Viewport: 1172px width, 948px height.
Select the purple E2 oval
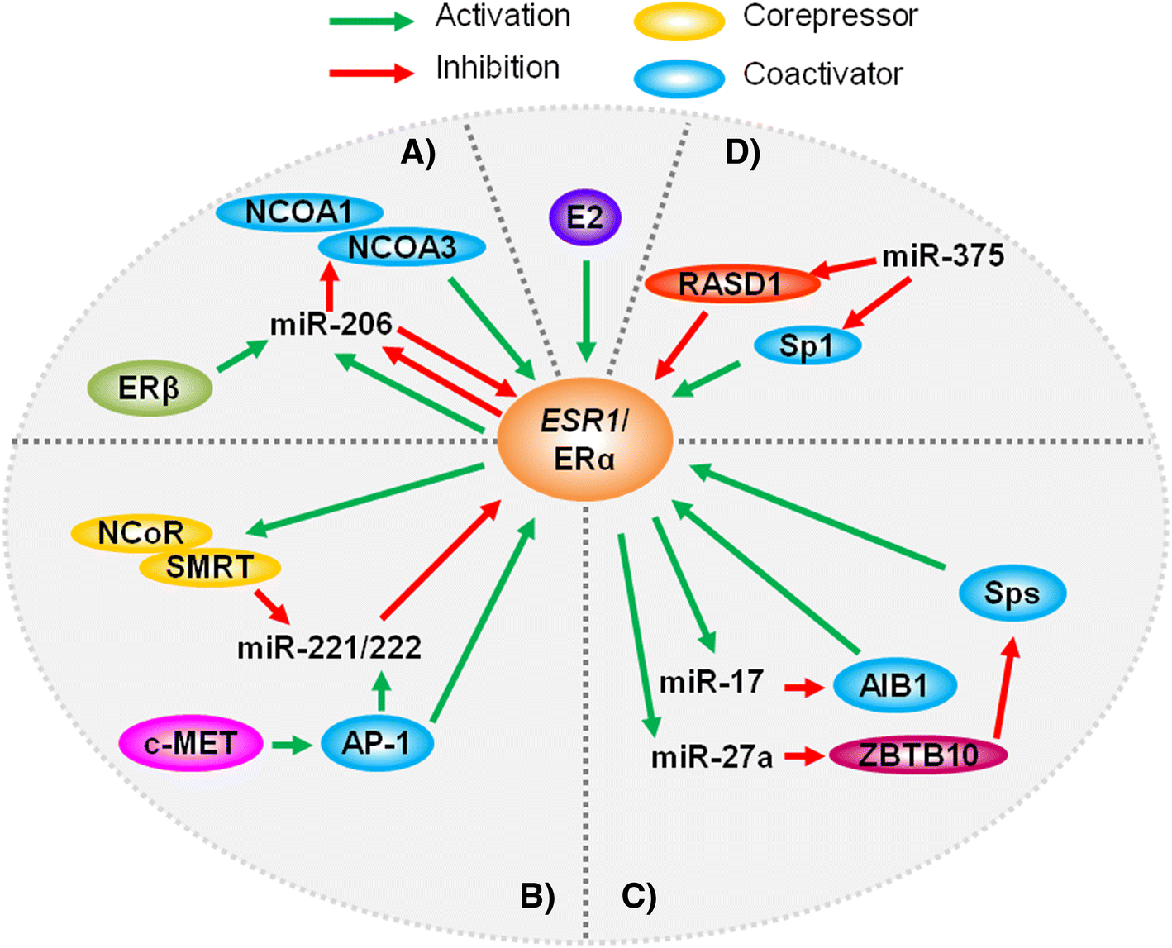(585, 218)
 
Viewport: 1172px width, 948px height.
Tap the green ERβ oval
(150, 388)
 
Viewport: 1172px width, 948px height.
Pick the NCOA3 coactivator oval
(403, 246)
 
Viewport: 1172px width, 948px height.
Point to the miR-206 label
(331, 324)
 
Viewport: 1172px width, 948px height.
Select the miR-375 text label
(943, 256)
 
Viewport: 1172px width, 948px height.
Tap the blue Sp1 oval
(807, 345)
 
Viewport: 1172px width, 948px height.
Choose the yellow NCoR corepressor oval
(141, 534)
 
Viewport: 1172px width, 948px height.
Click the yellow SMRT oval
(210, 568)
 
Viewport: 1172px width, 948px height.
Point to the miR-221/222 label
(329, 647)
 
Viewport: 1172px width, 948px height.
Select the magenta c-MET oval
(191, 743)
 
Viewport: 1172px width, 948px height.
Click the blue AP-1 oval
(377, 744)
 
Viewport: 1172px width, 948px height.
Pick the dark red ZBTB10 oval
(917, 755)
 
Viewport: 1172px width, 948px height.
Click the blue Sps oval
(1012, 593)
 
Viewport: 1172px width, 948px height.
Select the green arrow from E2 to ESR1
(586, 310)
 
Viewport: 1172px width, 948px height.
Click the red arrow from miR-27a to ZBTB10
(804, 755)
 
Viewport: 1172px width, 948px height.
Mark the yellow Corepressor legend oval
(679, 21)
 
